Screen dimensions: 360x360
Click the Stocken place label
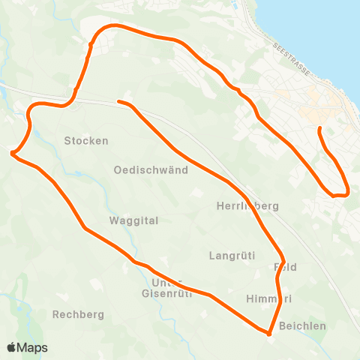(x=86, y=140)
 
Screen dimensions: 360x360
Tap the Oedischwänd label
(x=151, y=169)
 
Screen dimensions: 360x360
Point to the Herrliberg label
(x=247, y=205)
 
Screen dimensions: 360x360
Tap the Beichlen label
(x=302, y=325)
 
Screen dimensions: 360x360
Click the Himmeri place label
(x=268, y=298)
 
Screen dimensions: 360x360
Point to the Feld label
(x=286, y=266)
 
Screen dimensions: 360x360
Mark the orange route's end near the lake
(x=320, y=129)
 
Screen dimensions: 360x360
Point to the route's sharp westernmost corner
(x=13, y=154)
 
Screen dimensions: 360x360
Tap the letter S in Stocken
(x=67, y=140)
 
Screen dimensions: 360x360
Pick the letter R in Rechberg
(x=56, y=314)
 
